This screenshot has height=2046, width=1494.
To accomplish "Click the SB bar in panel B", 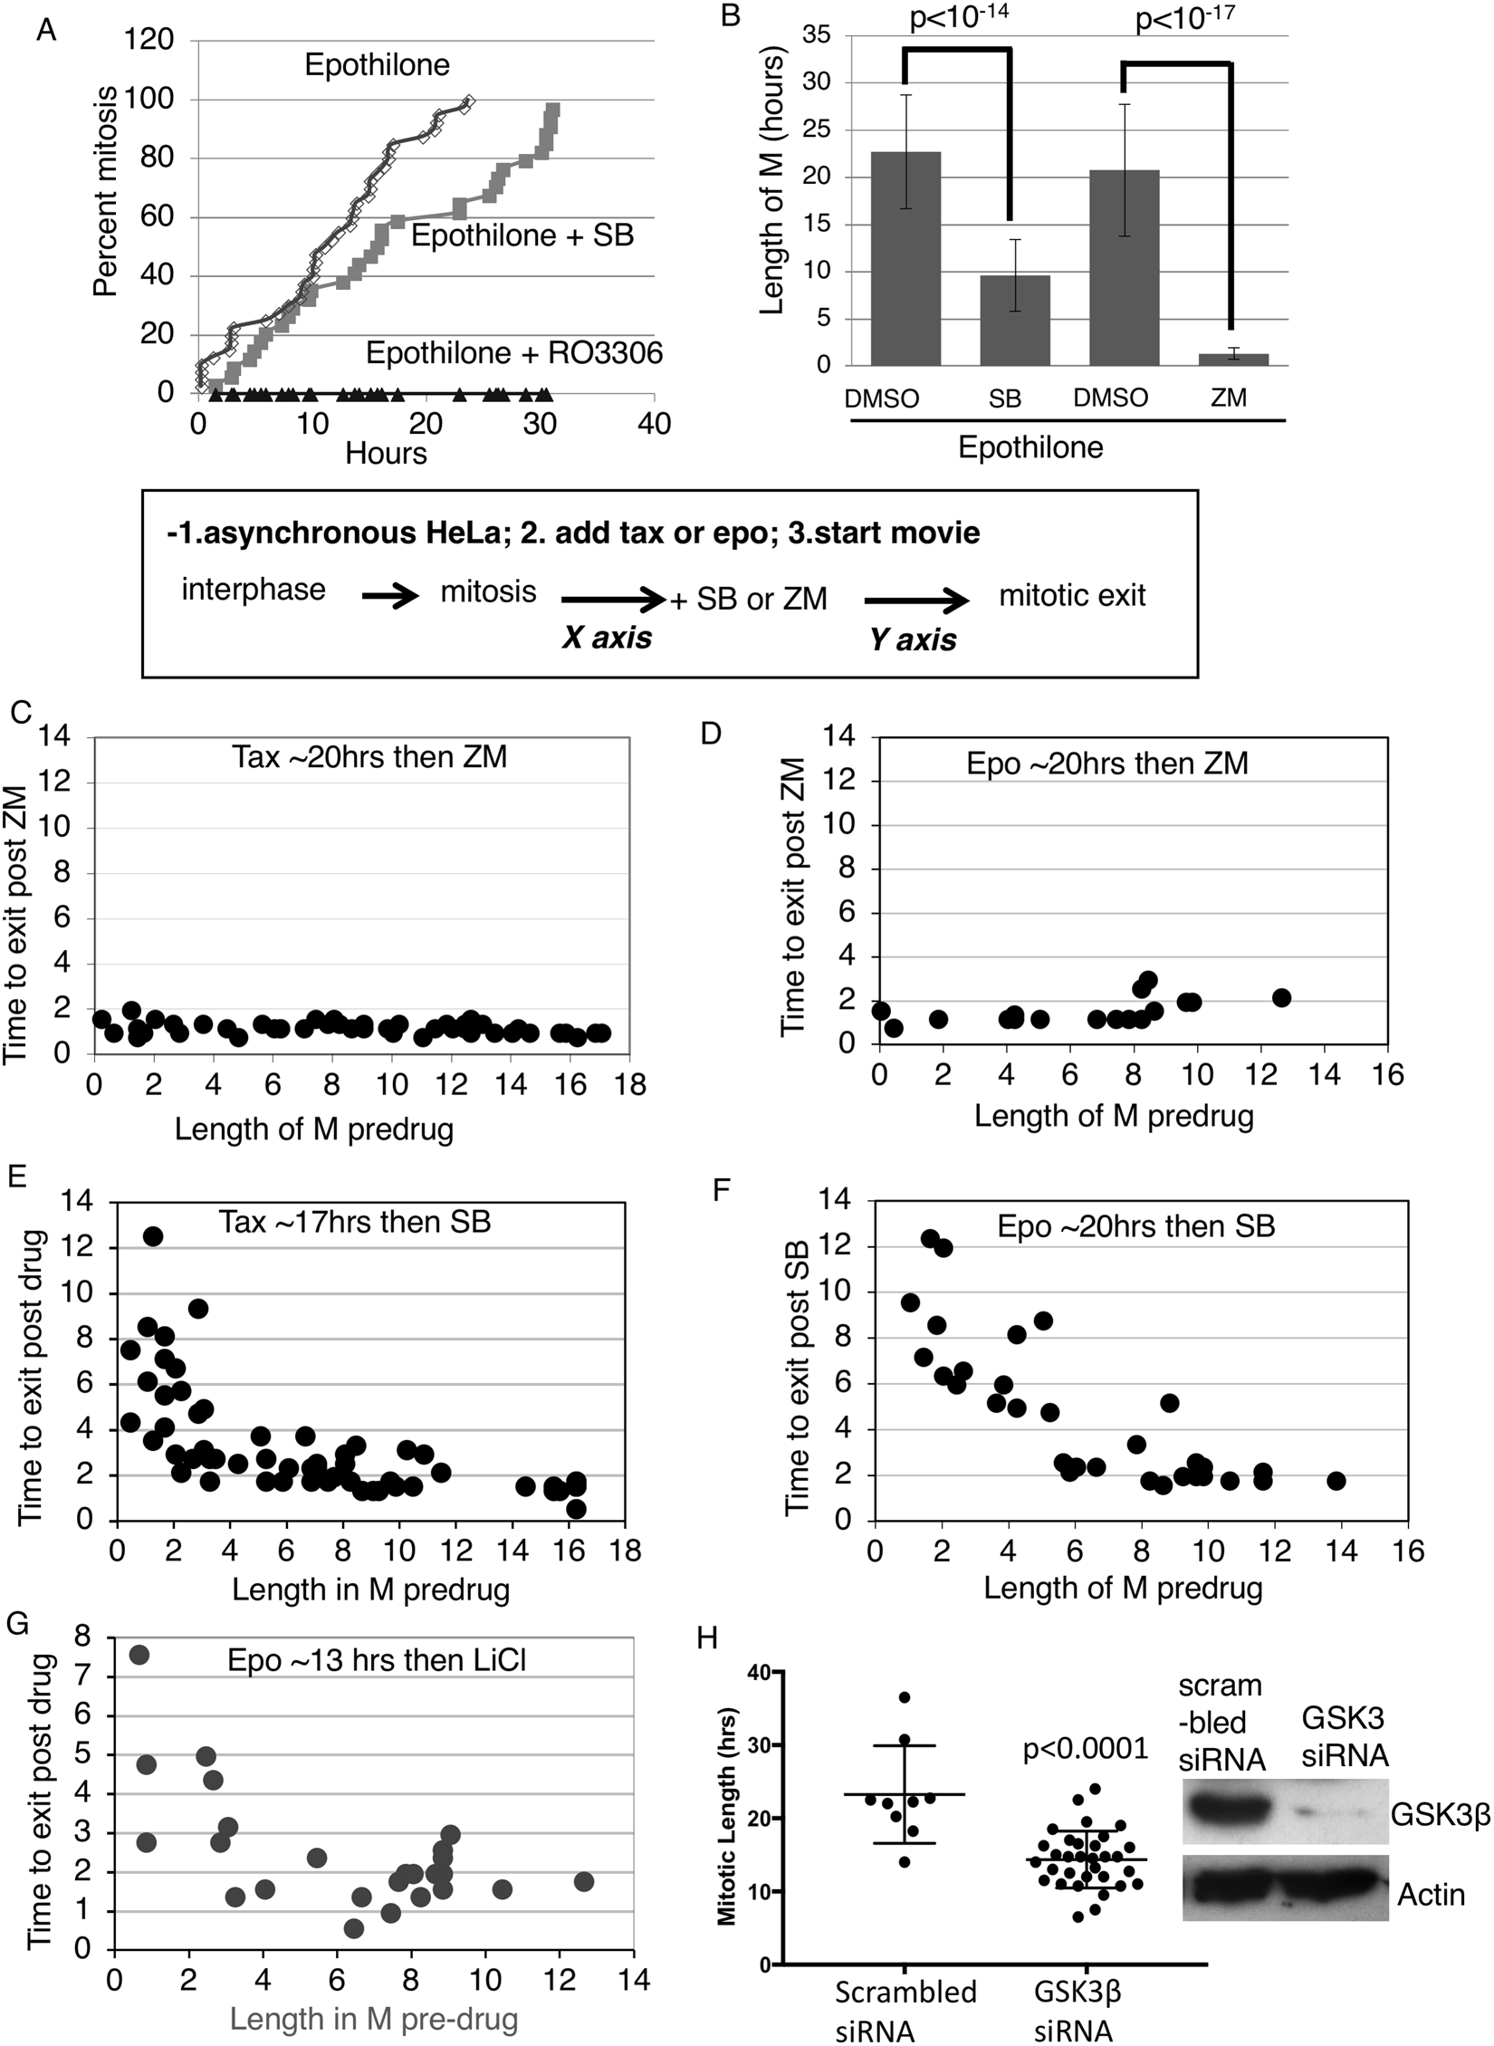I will (x=1013, y=321).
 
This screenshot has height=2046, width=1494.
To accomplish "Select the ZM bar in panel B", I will (x=1231, y=359).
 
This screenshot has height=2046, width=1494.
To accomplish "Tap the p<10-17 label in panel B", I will (x=1184, y=18).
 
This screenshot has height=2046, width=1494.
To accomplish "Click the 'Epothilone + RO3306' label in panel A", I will (x=513, y=352).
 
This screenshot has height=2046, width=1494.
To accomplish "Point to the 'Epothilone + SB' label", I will (x=522, y=235).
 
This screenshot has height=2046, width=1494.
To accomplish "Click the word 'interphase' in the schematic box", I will (x=254, y=590).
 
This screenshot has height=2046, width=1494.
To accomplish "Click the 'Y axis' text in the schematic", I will (x=913, y=639).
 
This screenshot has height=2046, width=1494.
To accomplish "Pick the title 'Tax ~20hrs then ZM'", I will (x=369, y=756).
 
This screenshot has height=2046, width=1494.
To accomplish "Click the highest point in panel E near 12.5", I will (x=153, y=1236).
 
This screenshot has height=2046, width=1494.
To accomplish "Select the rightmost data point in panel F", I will (x=1336, y=1481).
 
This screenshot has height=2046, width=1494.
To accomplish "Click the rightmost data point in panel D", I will (x=1281, y=997).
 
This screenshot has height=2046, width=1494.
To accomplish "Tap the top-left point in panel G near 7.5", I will (x=139, y=1655).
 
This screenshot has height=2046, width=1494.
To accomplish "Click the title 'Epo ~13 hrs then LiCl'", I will (x=377, y=1659).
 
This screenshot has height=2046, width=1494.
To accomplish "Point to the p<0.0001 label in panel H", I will (x=1086, y=1749).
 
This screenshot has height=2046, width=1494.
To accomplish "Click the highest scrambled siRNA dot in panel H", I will (x=904, y=1696).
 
